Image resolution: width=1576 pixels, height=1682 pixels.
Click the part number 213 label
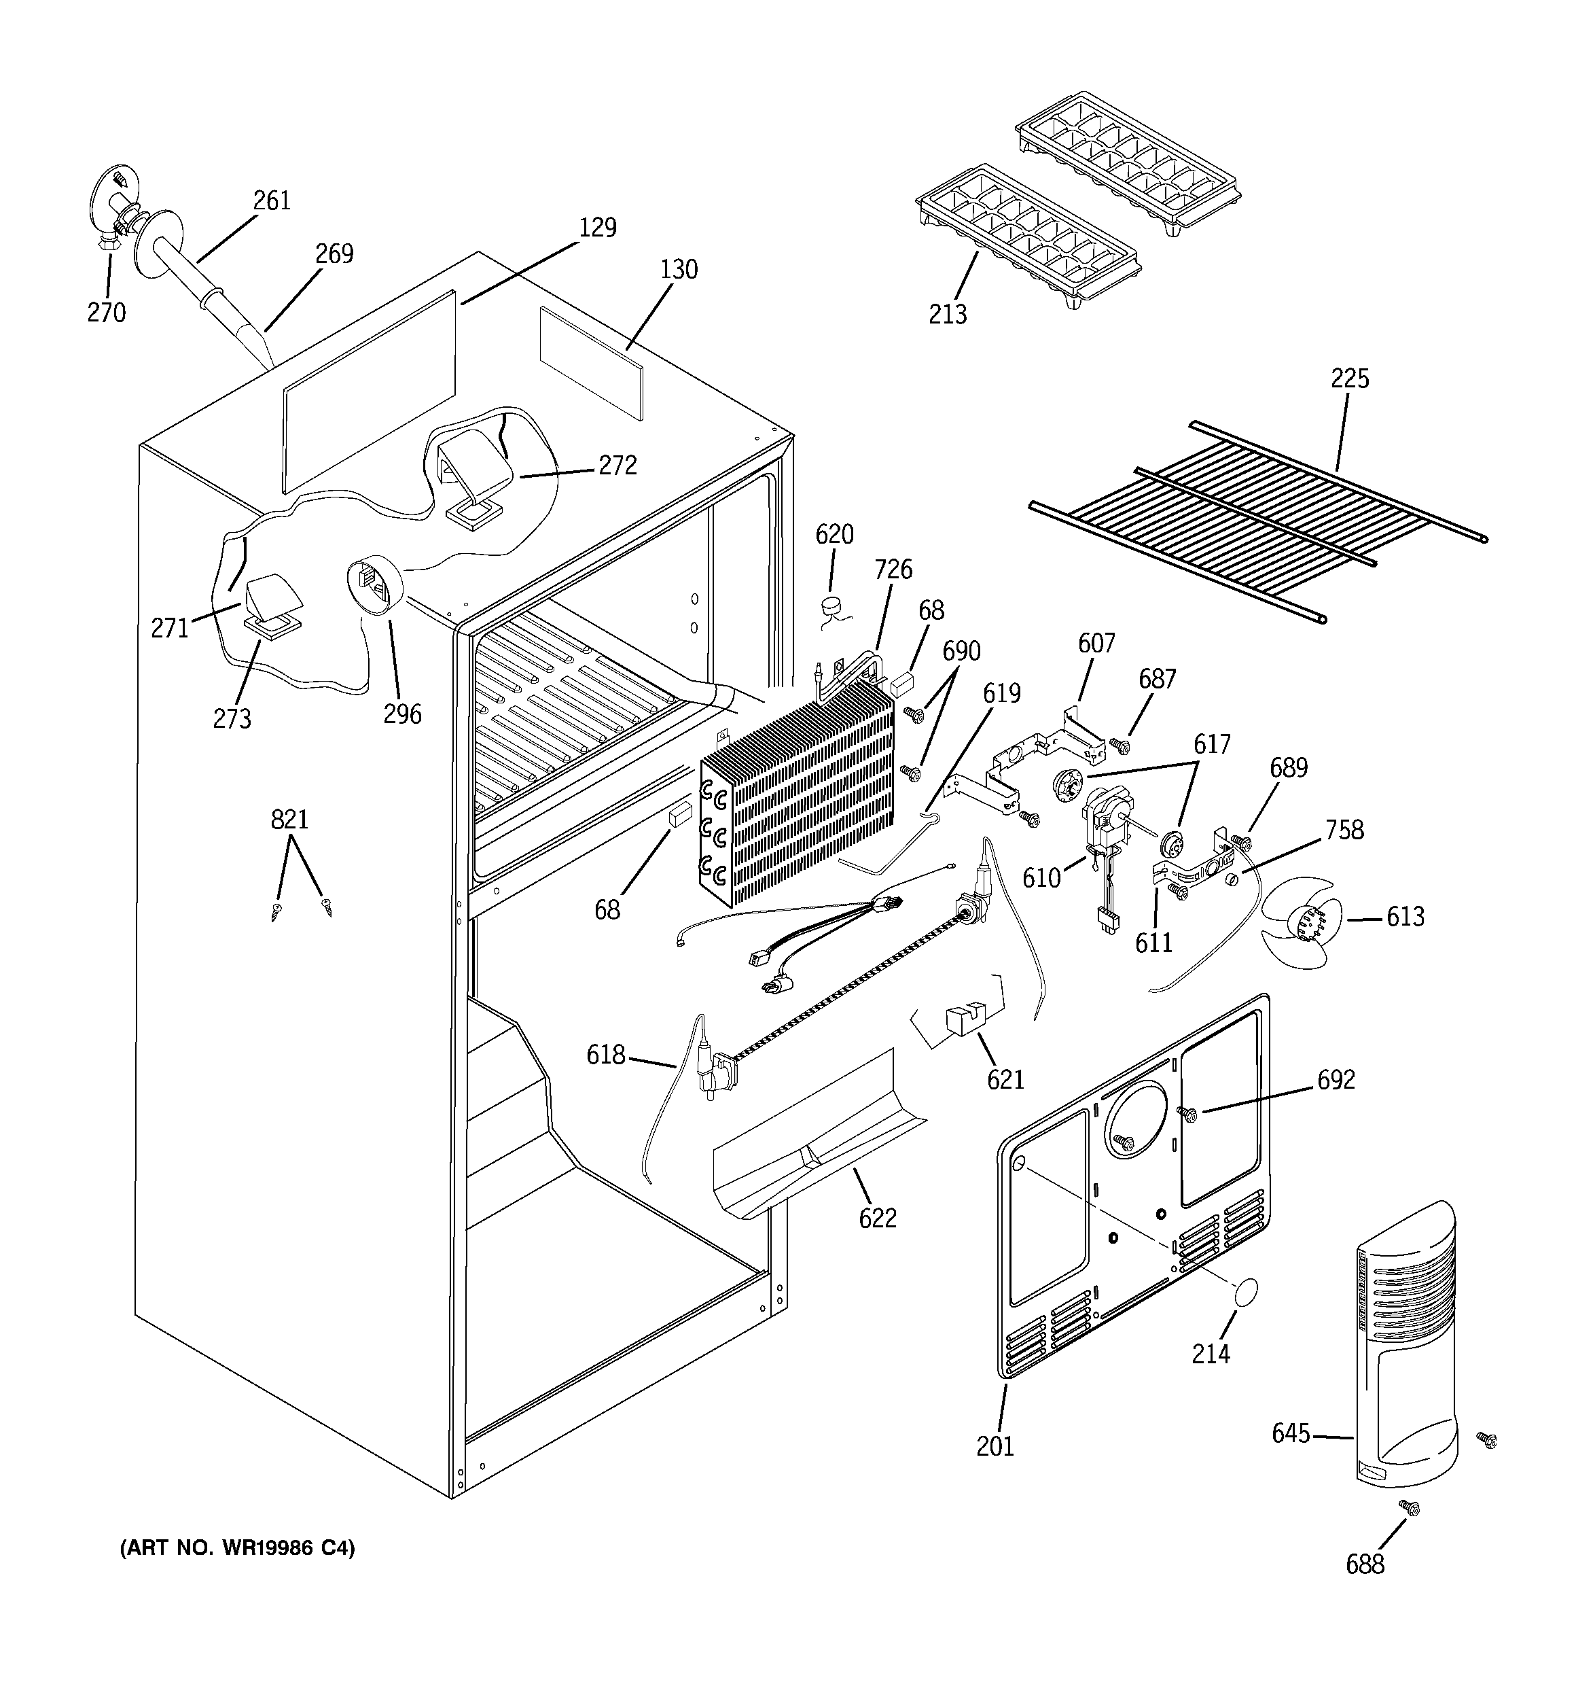(948, 314)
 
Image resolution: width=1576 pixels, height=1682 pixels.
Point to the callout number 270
(107, 312)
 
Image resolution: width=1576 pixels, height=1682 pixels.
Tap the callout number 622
(877, 1219)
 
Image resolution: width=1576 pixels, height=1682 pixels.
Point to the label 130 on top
(679, 269)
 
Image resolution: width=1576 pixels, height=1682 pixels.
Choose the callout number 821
(289, 819)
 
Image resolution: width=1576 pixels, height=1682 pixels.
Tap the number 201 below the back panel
(995, 1447)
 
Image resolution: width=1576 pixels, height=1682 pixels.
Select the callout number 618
(607, 1055)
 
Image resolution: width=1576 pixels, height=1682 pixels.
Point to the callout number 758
(1344, 829)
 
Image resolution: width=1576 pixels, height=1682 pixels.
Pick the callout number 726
(893, 570)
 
